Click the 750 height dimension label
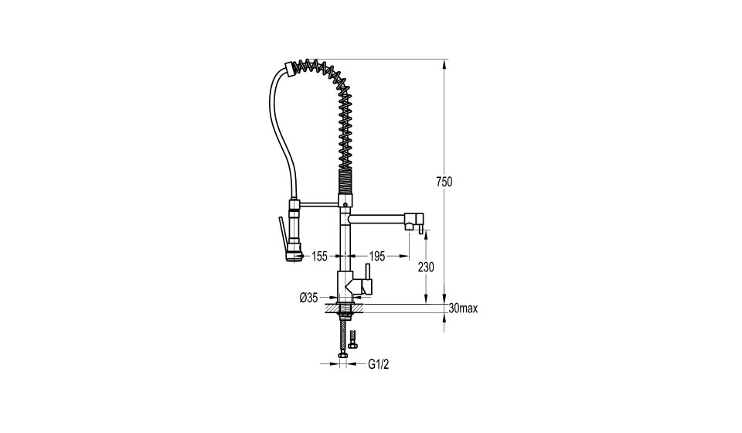tap(444, 182)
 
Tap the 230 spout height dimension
tap(426, 268)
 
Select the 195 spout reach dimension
tap(376, 257)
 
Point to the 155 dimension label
tap(319, 257)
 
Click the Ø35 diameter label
tap(308, 298)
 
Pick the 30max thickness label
tap(463, 309)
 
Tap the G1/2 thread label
tap(379, 364)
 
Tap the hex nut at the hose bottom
tap(342, 354)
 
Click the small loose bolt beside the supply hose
tap(352, 339)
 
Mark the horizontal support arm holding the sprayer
tap(319, 204)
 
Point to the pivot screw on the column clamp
tap(345, 204)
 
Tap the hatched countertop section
tap(344, 309)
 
